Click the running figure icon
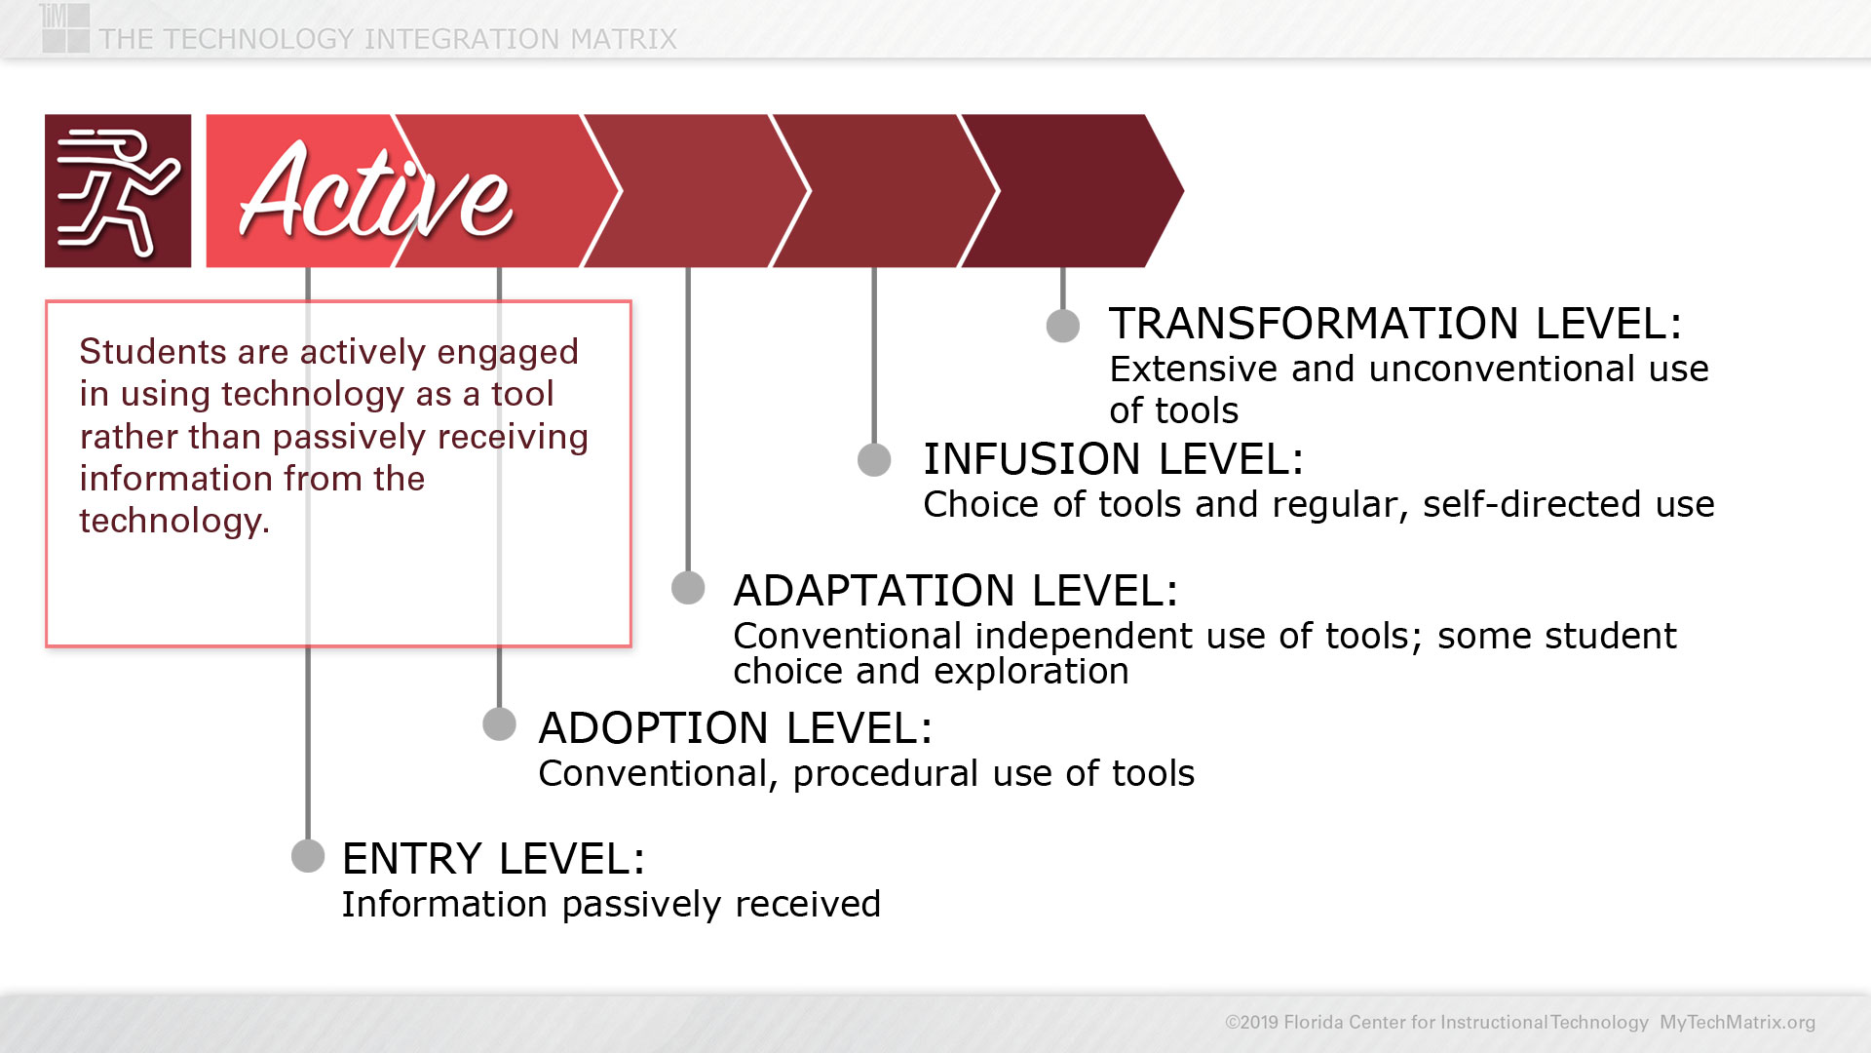tap(118, 191)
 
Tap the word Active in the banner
tap(376, 192)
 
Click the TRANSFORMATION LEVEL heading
tap(1395, 324)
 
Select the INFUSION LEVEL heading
tap(1113, 459)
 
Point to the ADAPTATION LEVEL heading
tap(956, 591)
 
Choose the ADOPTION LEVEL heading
tap(736, 728)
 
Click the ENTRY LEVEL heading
tap(493, 859)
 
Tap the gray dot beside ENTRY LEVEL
tap(308, 856)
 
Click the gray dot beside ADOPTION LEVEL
tap(499, 724)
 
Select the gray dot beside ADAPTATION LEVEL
tap(688, 588)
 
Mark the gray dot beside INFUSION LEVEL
tap(874, 459)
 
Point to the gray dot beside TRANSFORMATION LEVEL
tap(1063, 326)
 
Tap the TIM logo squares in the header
tap(65, 28)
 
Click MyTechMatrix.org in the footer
tap(1737, 1022)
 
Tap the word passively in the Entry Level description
tap(642, 905)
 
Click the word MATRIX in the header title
tap(624, 39)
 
